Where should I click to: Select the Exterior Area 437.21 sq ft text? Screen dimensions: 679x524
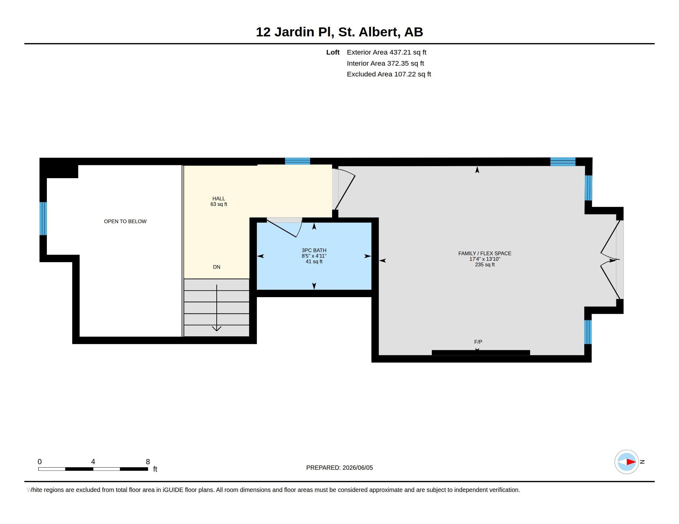[x=386, y=52]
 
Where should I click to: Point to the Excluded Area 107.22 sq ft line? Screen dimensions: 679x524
[x=389, y=74]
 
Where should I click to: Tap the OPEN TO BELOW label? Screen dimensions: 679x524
[x=125, y=221]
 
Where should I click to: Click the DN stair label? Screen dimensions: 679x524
[x=217, y=267]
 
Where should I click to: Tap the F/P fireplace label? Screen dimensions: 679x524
[x=478, y=342]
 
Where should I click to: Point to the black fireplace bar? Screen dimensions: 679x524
[x=481, y=352]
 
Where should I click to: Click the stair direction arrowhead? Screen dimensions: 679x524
[x=217, y=329]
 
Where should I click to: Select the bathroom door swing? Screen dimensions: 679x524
[x=285, y=227]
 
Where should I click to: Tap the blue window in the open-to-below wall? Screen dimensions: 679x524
[x=43, y=219]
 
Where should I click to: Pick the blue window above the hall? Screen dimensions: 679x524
[x=298, y=161]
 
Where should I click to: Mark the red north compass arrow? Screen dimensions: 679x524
[x=631, y=462]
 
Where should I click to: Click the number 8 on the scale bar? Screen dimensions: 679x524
[x=148, y=462]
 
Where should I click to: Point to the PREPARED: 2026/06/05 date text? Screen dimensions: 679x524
[x=339, y=468]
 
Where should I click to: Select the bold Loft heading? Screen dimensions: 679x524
[x=333, y=52]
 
